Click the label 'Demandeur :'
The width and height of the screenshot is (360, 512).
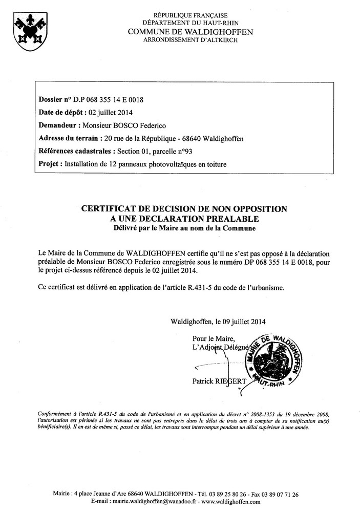coord(59,125)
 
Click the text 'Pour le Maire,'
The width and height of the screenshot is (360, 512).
coord(214,338)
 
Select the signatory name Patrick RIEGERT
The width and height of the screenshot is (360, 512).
coord(218,381)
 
